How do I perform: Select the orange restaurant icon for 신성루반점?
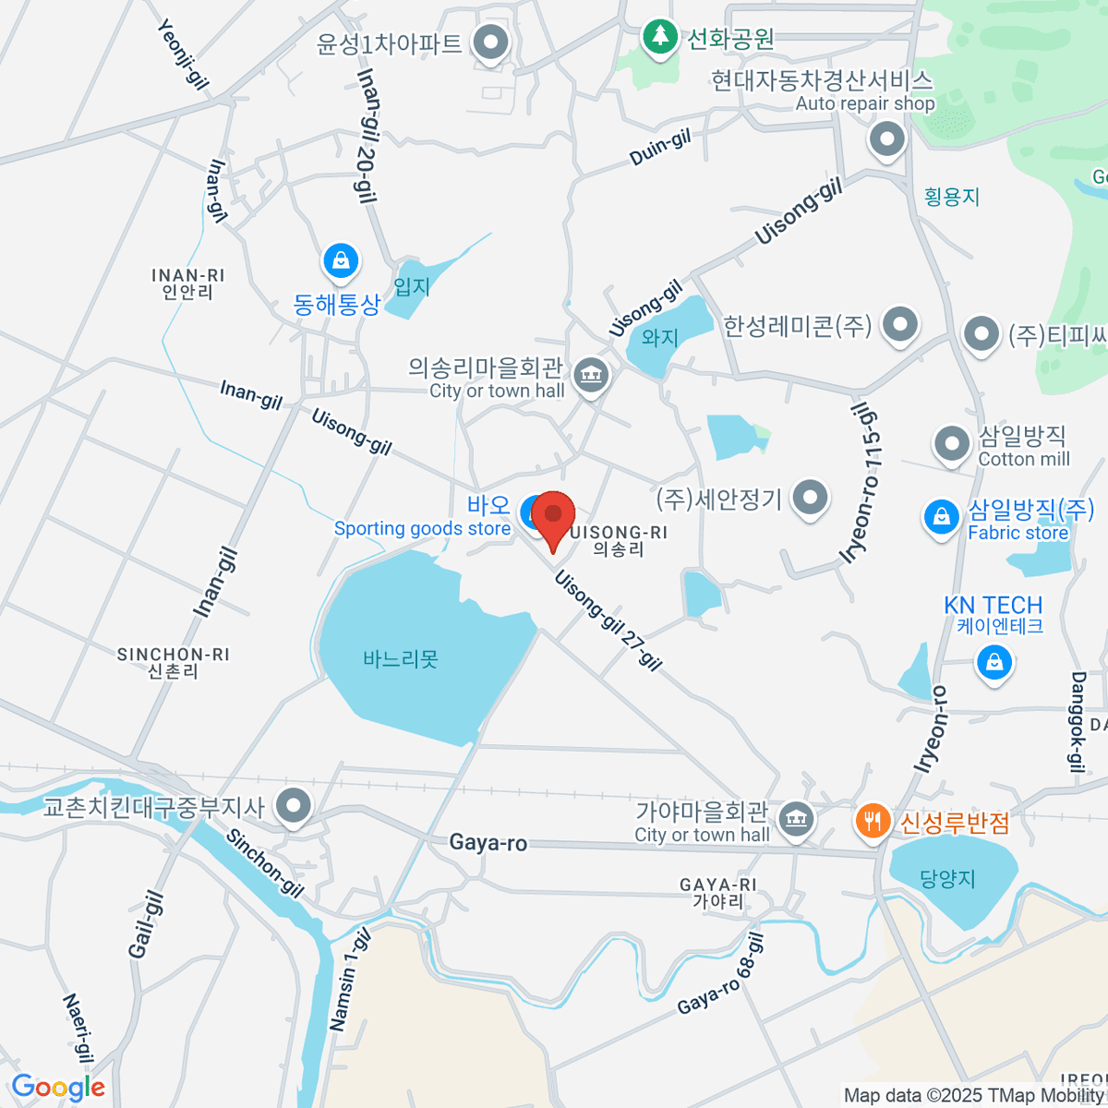(872, 821)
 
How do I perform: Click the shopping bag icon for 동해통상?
(341, 261)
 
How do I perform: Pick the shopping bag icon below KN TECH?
(994, 662)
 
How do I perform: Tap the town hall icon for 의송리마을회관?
(590, 376)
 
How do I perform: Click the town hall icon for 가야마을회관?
(795, 818)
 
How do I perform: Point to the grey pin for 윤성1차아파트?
(490, 42)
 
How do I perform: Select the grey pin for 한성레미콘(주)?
(898, 324)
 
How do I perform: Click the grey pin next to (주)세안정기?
(810, 498)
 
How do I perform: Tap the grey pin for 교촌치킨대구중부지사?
(295, 806)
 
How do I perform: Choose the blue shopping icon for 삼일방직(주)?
(941, 516)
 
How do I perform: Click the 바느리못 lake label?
(401, 659)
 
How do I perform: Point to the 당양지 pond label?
(947, 878)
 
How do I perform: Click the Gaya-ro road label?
(488, 842)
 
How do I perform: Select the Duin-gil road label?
(660, 149)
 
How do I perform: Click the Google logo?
(57, 1088)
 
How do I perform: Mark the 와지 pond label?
(660, 338)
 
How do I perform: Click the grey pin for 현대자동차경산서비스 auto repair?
(887, 140)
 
